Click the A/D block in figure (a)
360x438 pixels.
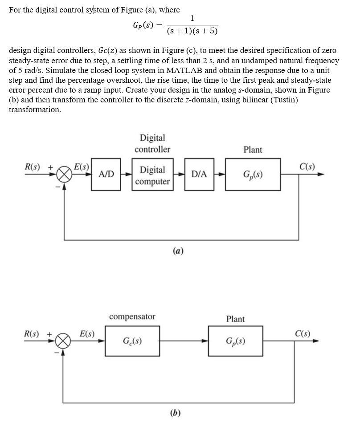click(x=106, y=174)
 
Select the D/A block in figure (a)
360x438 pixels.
click(x=199, y=174)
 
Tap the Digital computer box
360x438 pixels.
click(x=152, y=175)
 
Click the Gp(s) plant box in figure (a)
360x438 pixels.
click(x=253, y=174)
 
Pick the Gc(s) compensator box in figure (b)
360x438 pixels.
click(x=132, y=341)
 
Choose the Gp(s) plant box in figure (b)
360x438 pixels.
click(x=235, y=341)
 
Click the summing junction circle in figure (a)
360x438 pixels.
click(x=64, y=174)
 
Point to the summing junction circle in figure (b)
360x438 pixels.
click(x=63, y=341)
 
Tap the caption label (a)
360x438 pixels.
click(x=178, y=251)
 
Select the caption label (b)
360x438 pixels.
click(x=175, y=413)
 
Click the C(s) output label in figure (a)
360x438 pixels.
click(x=307, y=167)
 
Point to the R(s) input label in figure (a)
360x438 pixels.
click(x=32, y=167)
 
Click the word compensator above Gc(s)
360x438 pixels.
click(x=132, y=316)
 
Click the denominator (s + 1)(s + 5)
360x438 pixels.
click(x=192, y=31)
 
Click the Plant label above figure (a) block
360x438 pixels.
click(x=253, y=150)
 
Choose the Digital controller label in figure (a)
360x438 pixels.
click(x=152, y=143)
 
